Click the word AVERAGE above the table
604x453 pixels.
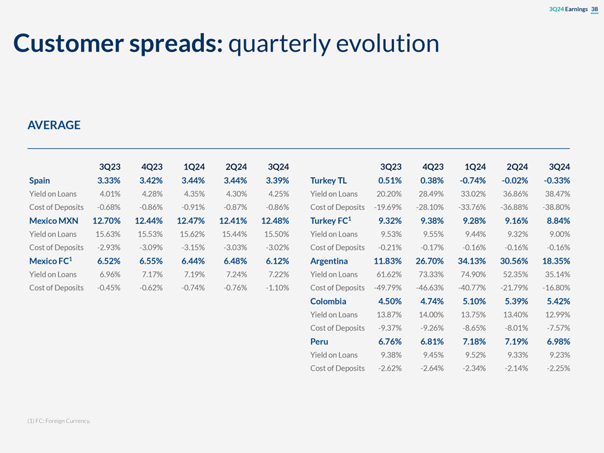(54, 125)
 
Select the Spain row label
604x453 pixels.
(40, 181)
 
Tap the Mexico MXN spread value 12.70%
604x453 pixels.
(106, 220)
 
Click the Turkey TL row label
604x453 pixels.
(329, 181)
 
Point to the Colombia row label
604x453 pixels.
(328, 301)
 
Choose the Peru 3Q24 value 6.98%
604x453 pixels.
(557, 341)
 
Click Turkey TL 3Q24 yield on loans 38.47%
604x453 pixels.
(555, 194)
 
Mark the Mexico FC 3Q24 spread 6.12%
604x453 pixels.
(275, 261)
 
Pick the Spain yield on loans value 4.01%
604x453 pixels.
(109, 194)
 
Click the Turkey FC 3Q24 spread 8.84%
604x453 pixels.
(557, 220)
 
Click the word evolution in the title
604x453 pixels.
(388, 44)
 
